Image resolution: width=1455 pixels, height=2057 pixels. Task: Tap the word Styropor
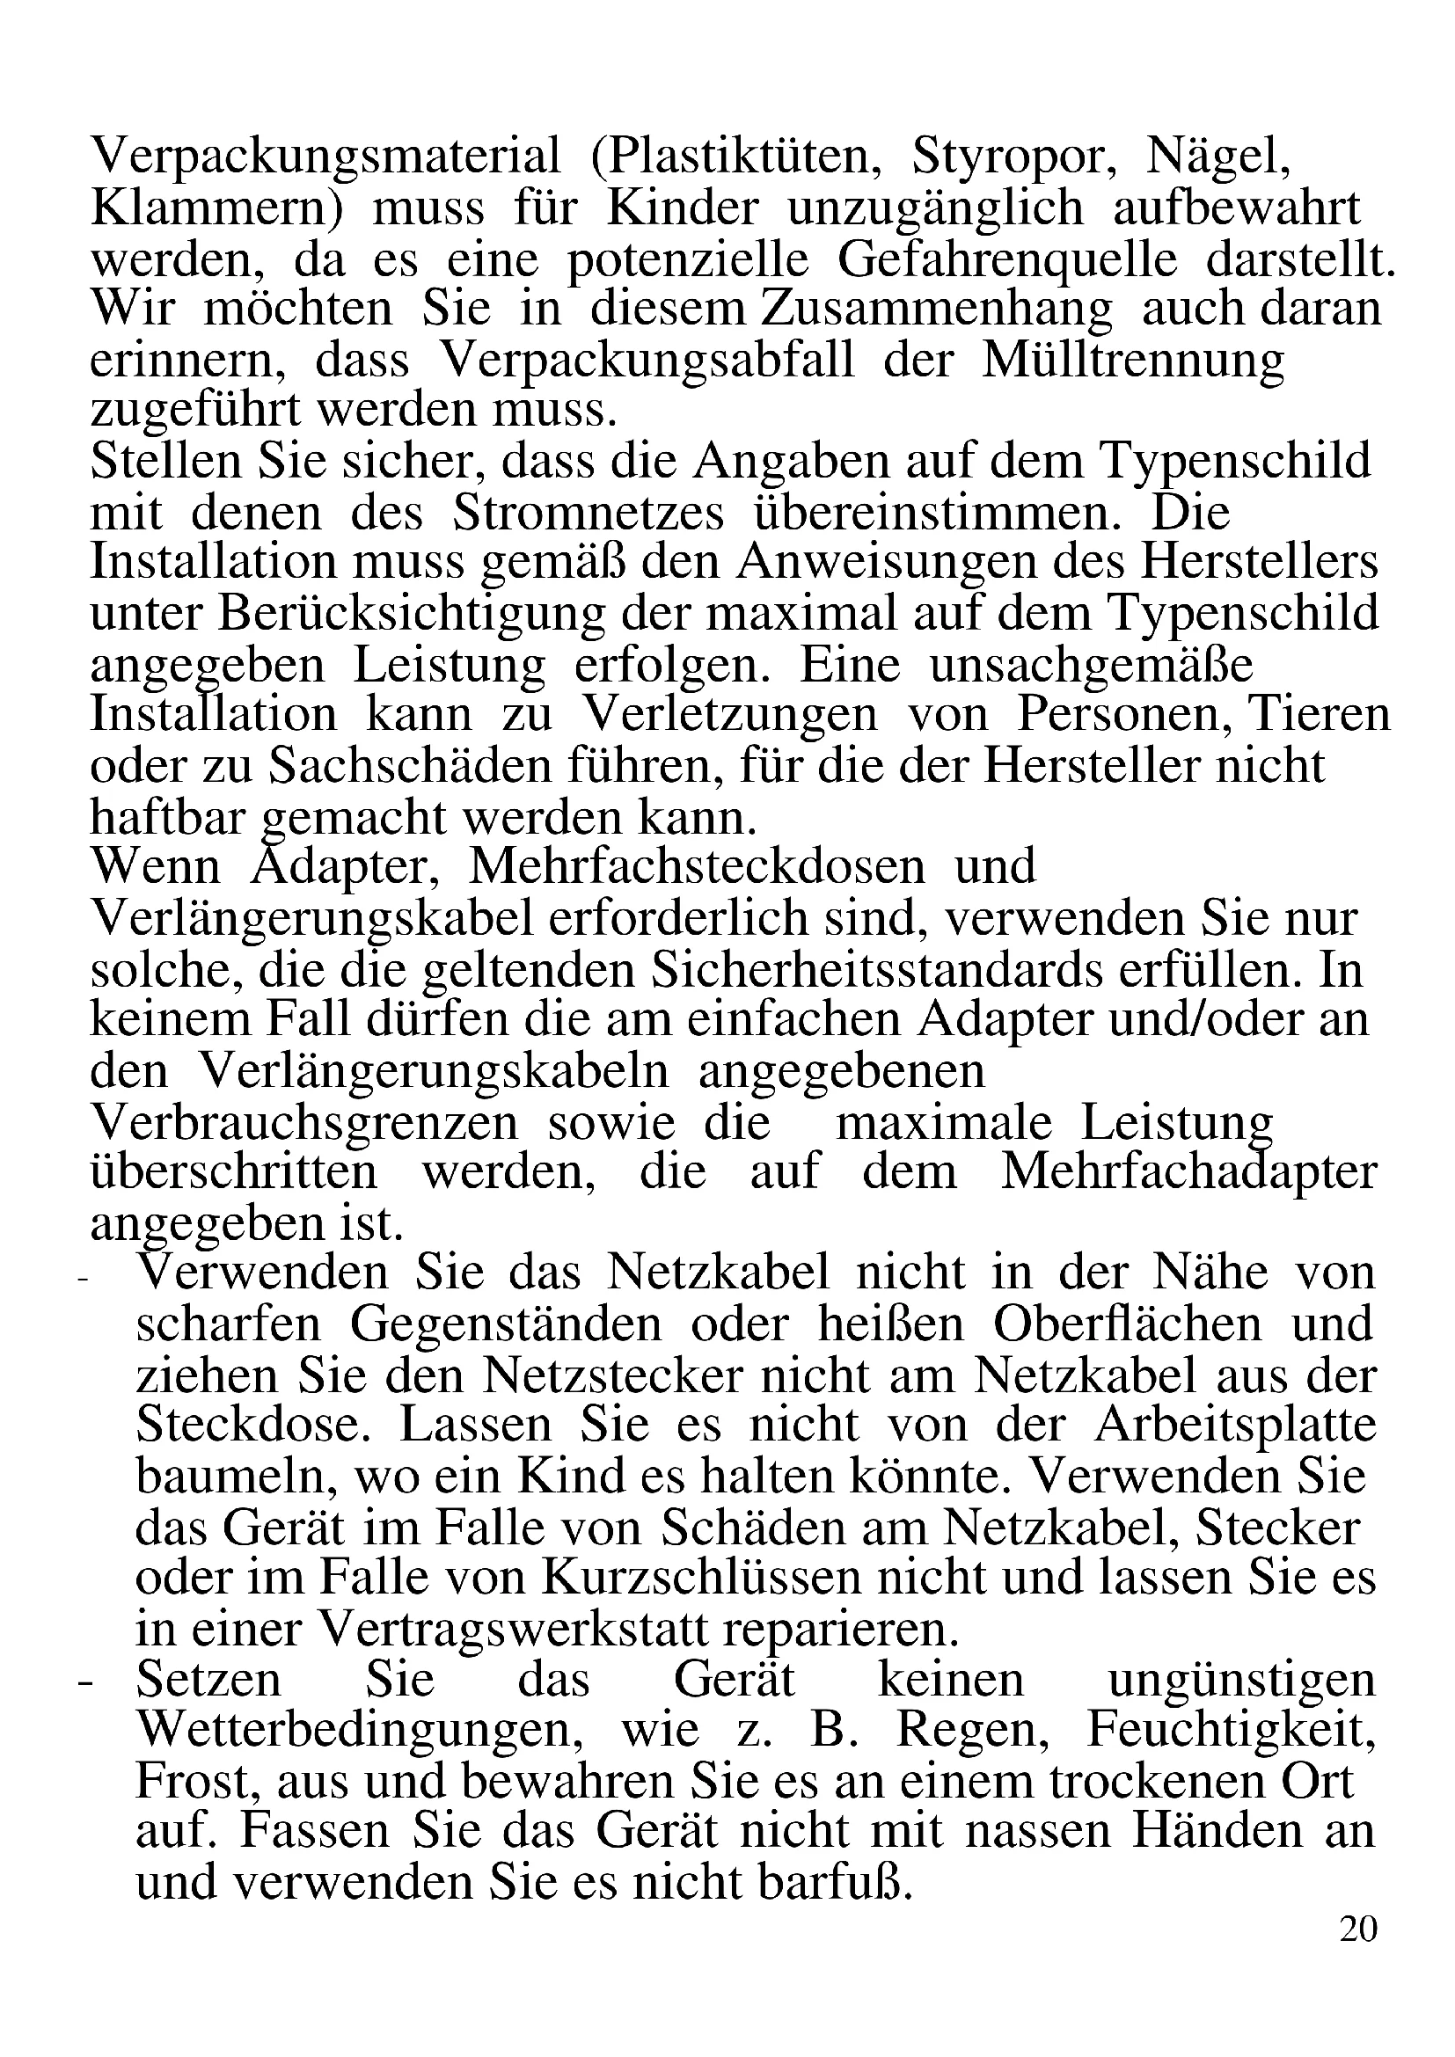pyautogui.click(x=1013, y=156)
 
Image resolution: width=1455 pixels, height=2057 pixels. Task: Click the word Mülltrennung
pyautogui.click(x=1132, y=362)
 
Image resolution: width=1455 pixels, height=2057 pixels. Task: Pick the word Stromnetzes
pyautogui.click(x=588, y=514)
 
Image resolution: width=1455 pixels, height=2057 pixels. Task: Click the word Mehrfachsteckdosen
pyautogui.click(x=697, y=866)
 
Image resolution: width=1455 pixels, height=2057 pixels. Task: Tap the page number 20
pyautogui.click(x=1357, y=1928)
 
